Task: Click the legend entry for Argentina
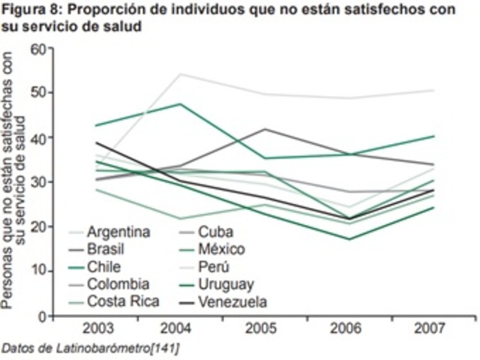[117, 230]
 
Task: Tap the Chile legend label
[104, 266]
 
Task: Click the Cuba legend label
[217, 230]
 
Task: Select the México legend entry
[223, 248]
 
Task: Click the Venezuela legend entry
[232, 302]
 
